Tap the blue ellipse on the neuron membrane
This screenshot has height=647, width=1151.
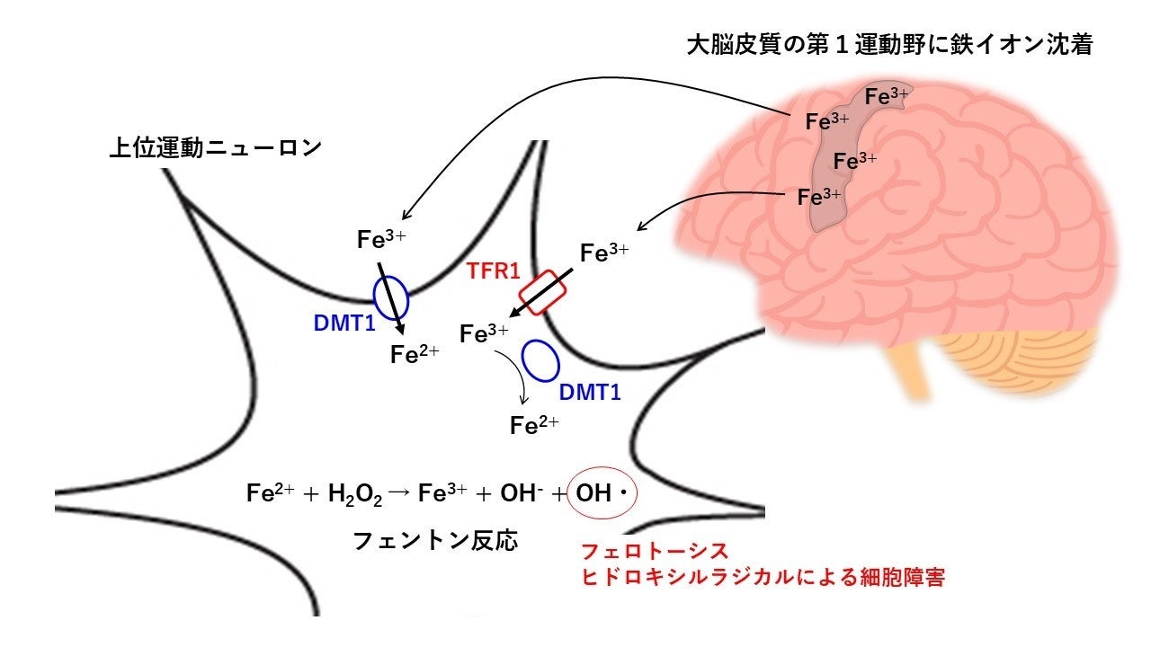391,296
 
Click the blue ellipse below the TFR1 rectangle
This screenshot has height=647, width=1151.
541,360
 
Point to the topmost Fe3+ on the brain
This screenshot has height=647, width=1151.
886,95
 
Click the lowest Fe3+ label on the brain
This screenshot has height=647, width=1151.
819,196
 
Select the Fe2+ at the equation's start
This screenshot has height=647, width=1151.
267,493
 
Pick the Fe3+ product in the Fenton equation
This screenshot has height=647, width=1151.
442,493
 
